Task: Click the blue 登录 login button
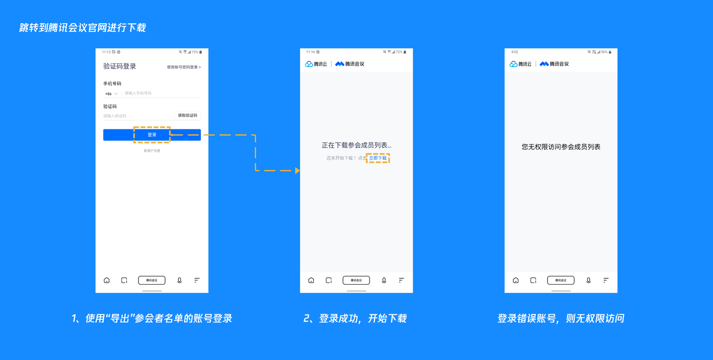click(152, 135)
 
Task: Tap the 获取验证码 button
click(188, 115)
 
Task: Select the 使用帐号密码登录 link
click(184, 67)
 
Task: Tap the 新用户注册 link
click(152, 151)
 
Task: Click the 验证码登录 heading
click(120, 66)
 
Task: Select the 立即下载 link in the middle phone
click(378, 158)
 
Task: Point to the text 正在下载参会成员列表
click(356, 146)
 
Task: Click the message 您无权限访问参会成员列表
click(561, 147)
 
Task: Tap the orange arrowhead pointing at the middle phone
click(297, 170)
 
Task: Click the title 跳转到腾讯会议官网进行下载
click(83, 28)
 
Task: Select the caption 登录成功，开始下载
click(355, 318)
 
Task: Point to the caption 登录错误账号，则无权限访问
click(560, 318)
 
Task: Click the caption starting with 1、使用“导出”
click(152, 318)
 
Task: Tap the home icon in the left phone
click(106, 280)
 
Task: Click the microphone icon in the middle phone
click(384, 280)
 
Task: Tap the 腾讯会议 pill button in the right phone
click(560, 280)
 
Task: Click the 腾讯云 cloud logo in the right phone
click(520, 64)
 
